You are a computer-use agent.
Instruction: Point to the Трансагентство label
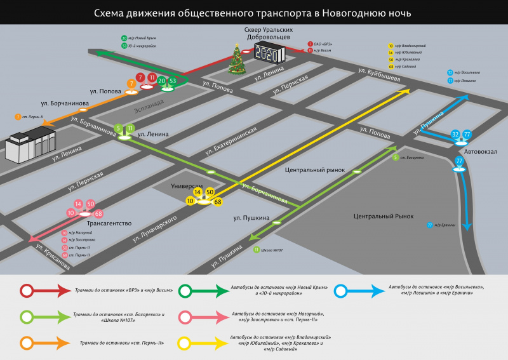(109, 223)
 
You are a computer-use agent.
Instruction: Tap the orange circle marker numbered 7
(131, 83)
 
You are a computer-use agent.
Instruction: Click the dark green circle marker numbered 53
(173, 81)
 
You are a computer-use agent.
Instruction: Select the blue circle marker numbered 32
(455, 135)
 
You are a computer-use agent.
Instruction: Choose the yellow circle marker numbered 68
(218, 202)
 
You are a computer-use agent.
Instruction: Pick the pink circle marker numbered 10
(70, 213)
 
